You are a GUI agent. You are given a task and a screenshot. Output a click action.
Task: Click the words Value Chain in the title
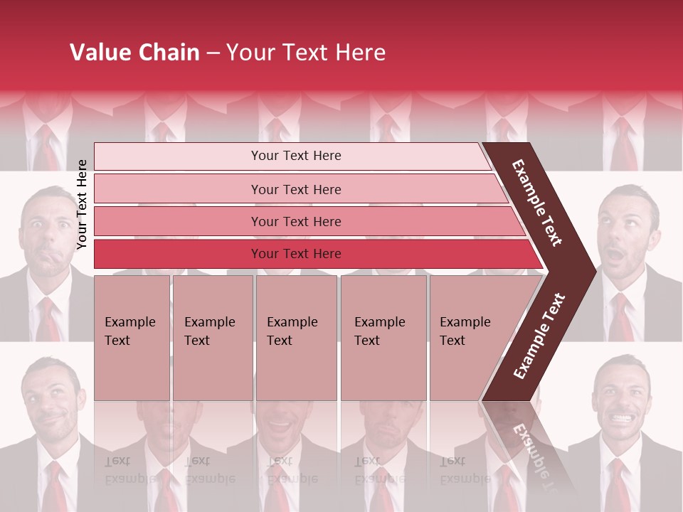[134, 53]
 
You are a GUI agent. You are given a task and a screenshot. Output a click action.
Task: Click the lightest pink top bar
[295, 156]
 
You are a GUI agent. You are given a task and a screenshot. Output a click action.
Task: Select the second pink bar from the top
[295, 189]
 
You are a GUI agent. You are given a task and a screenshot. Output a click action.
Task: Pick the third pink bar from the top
[295, 221]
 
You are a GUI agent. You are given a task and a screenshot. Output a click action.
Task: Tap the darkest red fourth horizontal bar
[295, 254]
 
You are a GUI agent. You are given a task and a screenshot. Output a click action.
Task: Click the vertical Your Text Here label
[82, 204]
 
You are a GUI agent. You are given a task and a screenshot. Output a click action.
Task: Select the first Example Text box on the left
[132, 337]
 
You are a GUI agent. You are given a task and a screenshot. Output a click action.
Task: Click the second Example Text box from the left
[212, 337]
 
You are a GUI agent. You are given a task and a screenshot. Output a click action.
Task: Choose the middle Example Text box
[296, 337]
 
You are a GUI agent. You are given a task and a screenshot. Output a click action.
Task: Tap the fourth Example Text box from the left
[383, 337]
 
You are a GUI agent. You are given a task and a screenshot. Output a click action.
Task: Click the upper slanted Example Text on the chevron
[537, 203]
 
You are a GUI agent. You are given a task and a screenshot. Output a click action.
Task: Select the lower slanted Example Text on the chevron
[539, 336]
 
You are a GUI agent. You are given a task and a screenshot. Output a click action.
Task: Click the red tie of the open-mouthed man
[621, 316]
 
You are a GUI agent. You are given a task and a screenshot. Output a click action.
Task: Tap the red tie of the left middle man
[48, 320]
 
